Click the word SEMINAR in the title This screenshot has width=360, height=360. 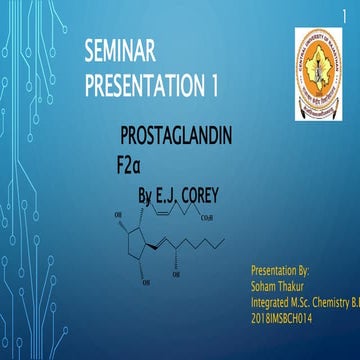[124, 50]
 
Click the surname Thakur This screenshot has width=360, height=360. [296, 285]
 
